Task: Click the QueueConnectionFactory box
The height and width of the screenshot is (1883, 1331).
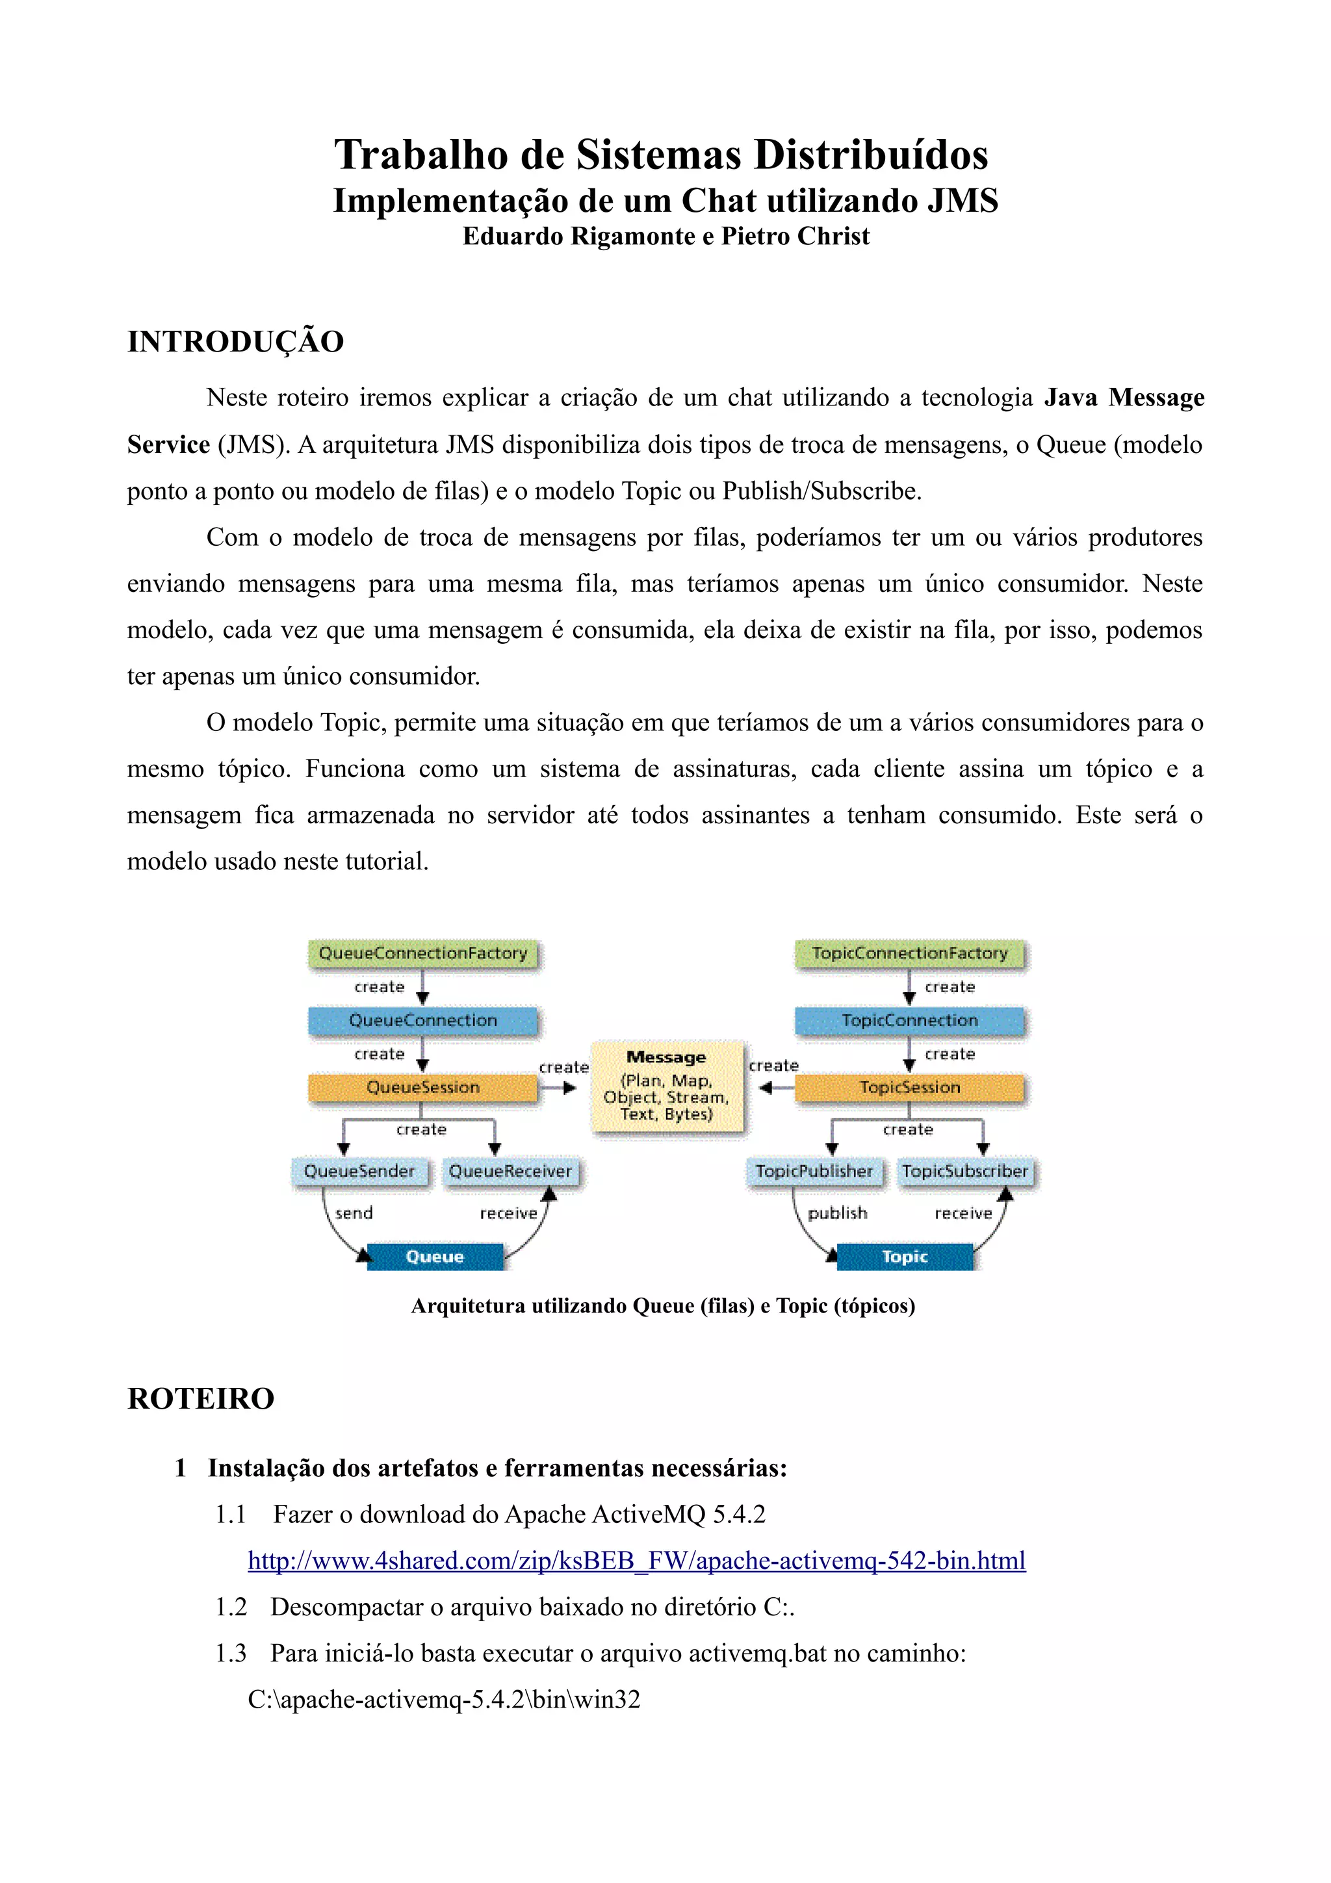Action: (423, 953)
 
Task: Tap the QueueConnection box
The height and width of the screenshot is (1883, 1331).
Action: (423, 1020)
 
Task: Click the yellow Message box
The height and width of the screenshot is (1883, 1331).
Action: (667, 1086)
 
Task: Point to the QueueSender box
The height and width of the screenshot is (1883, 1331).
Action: (359, 1171)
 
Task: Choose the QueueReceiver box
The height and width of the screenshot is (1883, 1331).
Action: (510, 1171)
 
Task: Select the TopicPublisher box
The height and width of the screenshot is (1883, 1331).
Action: (814, 1171)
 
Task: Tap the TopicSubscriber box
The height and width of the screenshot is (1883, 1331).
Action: (965, 1171)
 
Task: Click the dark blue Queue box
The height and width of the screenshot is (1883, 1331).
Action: (435, 1257)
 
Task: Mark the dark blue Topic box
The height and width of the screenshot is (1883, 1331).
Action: (905, 1257)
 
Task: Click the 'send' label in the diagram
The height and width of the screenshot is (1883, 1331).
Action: (354, 1213)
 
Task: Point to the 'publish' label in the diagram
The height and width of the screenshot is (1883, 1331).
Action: (837, 1213)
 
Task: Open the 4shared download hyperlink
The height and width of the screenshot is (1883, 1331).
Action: (636, 1560)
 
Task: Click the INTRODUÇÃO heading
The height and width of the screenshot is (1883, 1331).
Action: (235, 342)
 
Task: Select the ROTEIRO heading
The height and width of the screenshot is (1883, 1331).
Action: (201, 1398)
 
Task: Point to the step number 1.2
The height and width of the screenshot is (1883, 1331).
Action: (231, 1607)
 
